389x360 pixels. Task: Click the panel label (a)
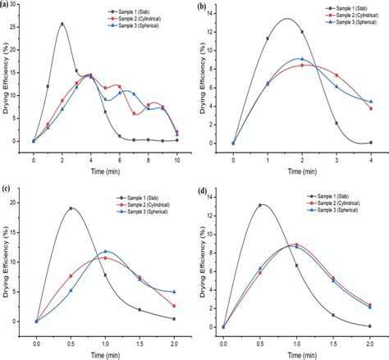pos(7,6)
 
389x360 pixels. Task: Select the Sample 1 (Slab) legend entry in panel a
pos(146,12)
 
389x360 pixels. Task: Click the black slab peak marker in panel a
pos(62,25)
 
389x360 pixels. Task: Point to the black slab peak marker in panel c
pos(71,208)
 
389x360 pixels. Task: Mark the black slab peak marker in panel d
pos(260,205)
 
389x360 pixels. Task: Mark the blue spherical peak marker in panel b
pos(302,59)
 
